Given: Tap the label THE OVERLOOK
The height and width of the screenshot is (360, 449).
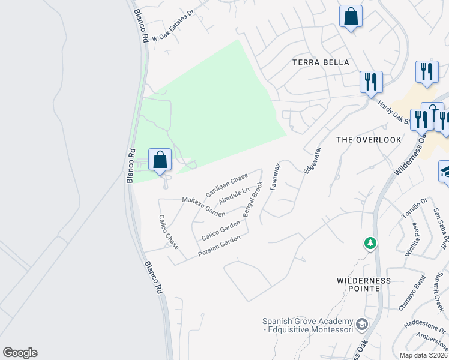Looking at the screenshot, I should coord(368,140).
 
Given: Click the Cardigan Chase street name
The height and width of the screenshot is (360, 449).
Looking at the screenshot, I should coord(226,185).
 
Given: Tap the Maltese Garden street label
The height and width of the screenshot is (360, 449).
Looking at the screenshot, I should coord(203,206).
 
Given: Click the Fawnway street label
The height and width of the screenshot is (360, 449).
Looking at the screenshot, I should coord(275,177).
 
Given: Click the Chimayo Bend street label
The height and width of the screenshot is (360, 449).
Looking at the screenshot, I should coord(411,293).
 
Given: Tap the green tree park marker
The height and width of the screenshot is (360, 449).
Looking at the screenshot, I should coord(370,243).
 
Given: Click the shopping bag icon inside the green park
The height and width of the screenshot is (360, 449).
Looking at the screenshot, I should coord(160,160).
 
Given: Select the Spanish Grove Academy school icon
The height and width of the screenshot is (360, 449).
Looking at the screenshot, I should coord(361,325).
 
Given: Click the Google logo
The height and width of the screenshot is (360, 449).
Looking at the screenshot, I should coord(20,353).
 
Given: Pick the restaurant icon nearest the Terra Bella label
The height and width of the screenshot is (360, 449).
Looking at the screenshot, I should coord(371,80).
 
